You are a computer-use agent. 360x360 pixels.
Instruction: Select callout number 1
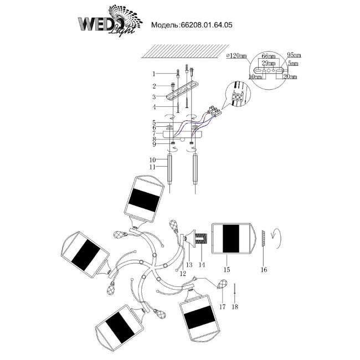coord(155,74)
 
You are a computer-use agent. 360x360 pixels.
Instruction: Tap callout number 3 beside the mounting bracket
coord(155,96)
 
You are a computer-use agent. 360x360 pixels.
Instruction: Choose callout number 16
coord(264,270)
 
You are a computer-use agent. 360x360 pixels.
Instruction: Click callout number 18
coord(235,306)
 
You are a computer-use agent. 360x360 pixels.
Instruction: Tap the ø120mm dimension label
coord(236,56)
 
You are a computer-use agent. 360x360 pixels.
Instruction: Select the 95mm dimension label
coord(293,56)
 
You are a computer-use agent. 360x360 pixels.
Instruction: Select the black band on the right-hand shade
coord(231,238)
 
